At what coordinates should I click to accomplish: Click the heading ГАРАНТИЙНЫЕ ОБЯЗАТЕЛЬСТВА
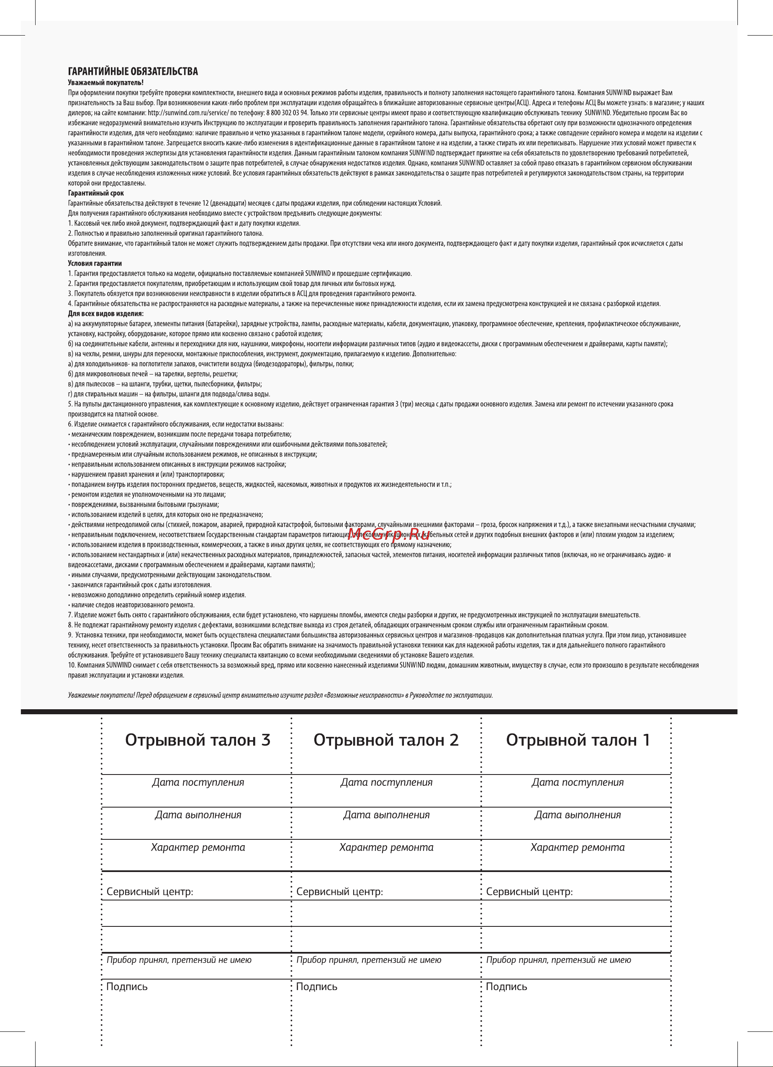[133, 72]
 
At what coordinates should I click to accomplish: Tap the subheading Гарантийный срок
[96, 193]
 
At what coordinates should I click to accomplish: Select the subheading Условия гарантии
[95, 264]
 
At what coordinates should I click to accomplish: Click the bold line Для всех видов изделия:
[106, 314]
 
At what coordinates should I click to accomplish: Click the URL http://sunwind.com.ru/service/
[188, 113]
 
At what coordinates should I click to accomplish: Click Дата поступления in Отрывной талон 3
[198, 782]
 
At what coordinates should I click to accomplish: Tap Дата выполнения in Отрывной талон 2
[386, 815]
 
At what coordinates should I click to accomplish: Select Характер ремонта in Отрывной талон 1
[577, 847]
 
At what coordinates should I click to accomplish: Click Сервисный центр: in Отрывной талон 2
[339, 892]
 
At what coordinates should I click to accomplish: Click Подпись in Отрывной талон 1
[506, 987]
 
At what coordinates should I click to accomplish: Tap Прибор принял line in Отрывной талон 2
[368, 960]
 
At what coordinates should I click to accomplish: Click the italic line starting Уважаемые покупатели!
[280, 695]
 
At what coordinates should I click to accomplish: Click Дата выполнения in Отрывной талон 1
[577, 815]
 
